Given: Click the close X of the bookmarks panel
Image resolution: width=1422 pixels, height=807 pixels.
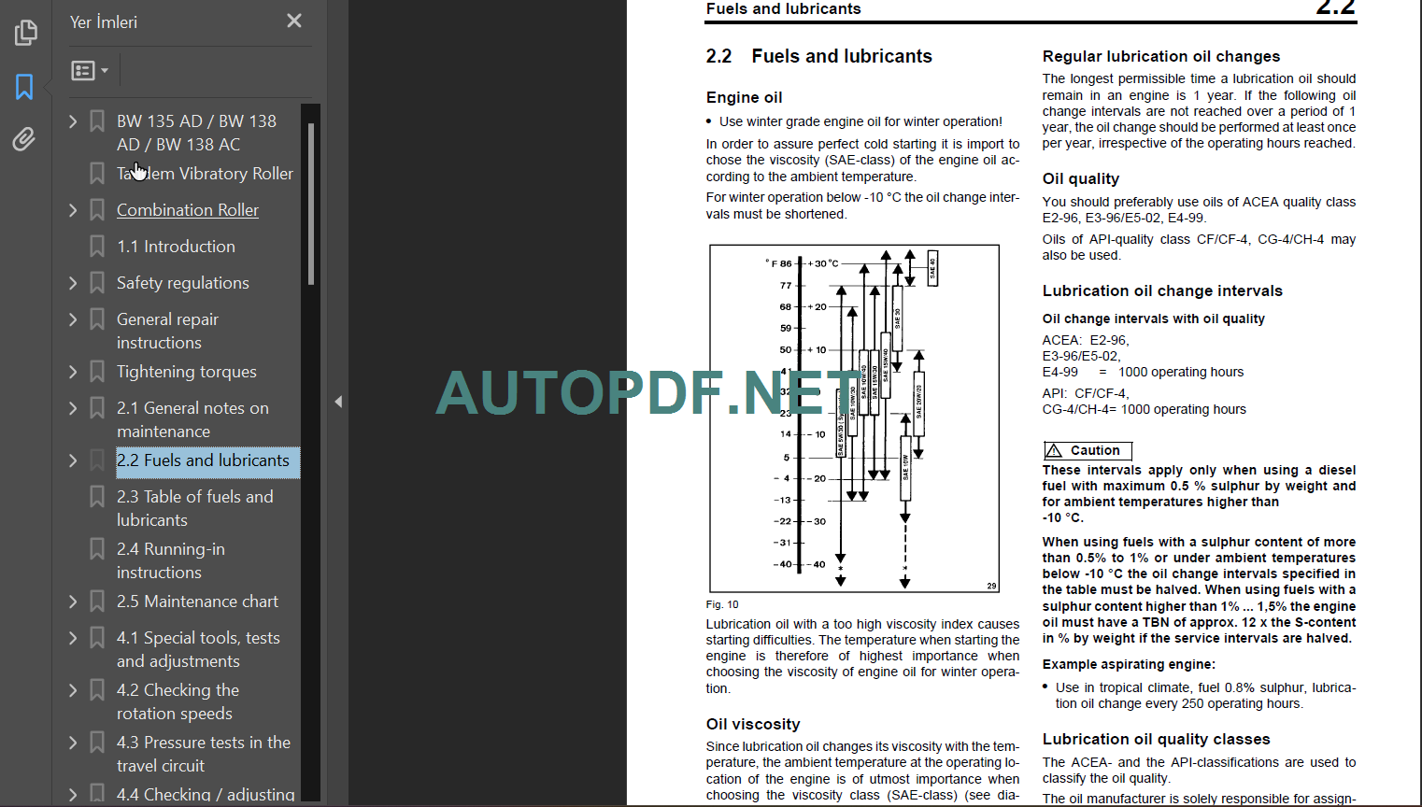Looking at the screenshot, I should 294,21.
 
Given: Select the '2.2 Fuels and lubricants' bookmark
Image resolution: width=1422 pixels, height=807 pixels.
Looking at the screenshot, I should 203,460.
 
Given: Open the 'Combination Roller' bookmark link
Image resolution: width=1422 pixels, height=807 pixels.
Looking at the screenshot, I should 187,210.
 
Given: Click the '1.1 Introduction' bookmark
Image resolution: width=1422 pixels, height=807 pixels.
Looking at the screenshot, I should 176,247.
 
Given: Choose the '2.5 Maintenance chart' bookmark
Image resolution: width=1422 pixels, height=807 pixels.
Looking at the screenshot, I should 197,602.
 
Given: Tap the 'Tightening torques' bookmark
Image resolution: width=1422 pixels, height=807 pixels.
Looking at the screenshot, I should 186,372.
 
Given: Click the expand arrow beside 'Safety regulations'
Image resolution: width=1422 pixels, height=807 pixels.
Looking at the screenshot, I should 73,283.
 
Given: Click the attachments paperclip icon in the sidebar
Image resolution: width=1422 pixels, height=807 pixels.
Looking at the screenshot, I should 24,139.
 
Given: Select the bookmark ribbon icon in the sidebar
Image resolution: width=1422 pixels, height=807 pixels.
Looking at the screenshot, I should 24,87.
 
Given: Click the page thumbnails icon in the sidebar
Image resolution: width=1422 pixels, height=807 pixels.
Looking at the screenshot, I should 25,33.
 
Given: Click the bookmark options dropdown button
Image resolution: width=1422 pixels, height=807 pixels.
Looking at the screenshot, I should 90,71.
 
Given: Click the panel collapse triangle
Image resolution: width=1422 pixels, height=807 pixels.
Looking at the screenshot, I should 338,402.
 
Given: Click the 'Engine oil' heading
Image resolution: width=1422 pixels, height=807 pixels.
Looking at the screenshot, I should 744,98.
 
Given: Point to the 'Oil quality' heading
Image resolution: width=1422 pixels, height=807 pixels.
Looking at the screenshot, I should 1080,179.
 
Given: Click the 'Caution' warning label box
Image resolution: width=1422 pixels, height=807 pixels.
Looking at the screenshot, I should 1088,450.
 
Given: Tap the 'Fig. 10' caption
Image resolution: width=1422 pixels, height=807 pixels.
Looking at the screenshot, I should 722,604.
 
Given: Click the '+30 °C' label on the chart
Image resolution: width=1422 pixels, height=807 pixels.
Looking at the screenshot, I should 822,263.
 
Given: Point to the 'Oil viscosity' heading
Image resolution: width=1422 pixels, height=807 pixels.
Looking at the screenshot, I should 753,724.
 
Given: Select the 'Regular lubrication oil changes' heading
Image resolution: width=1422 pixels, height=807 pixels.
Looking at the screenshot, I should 1161,57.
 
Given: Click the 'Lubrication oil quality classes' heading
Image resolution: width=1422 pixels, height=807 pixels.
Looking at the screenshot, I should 1156,739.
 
